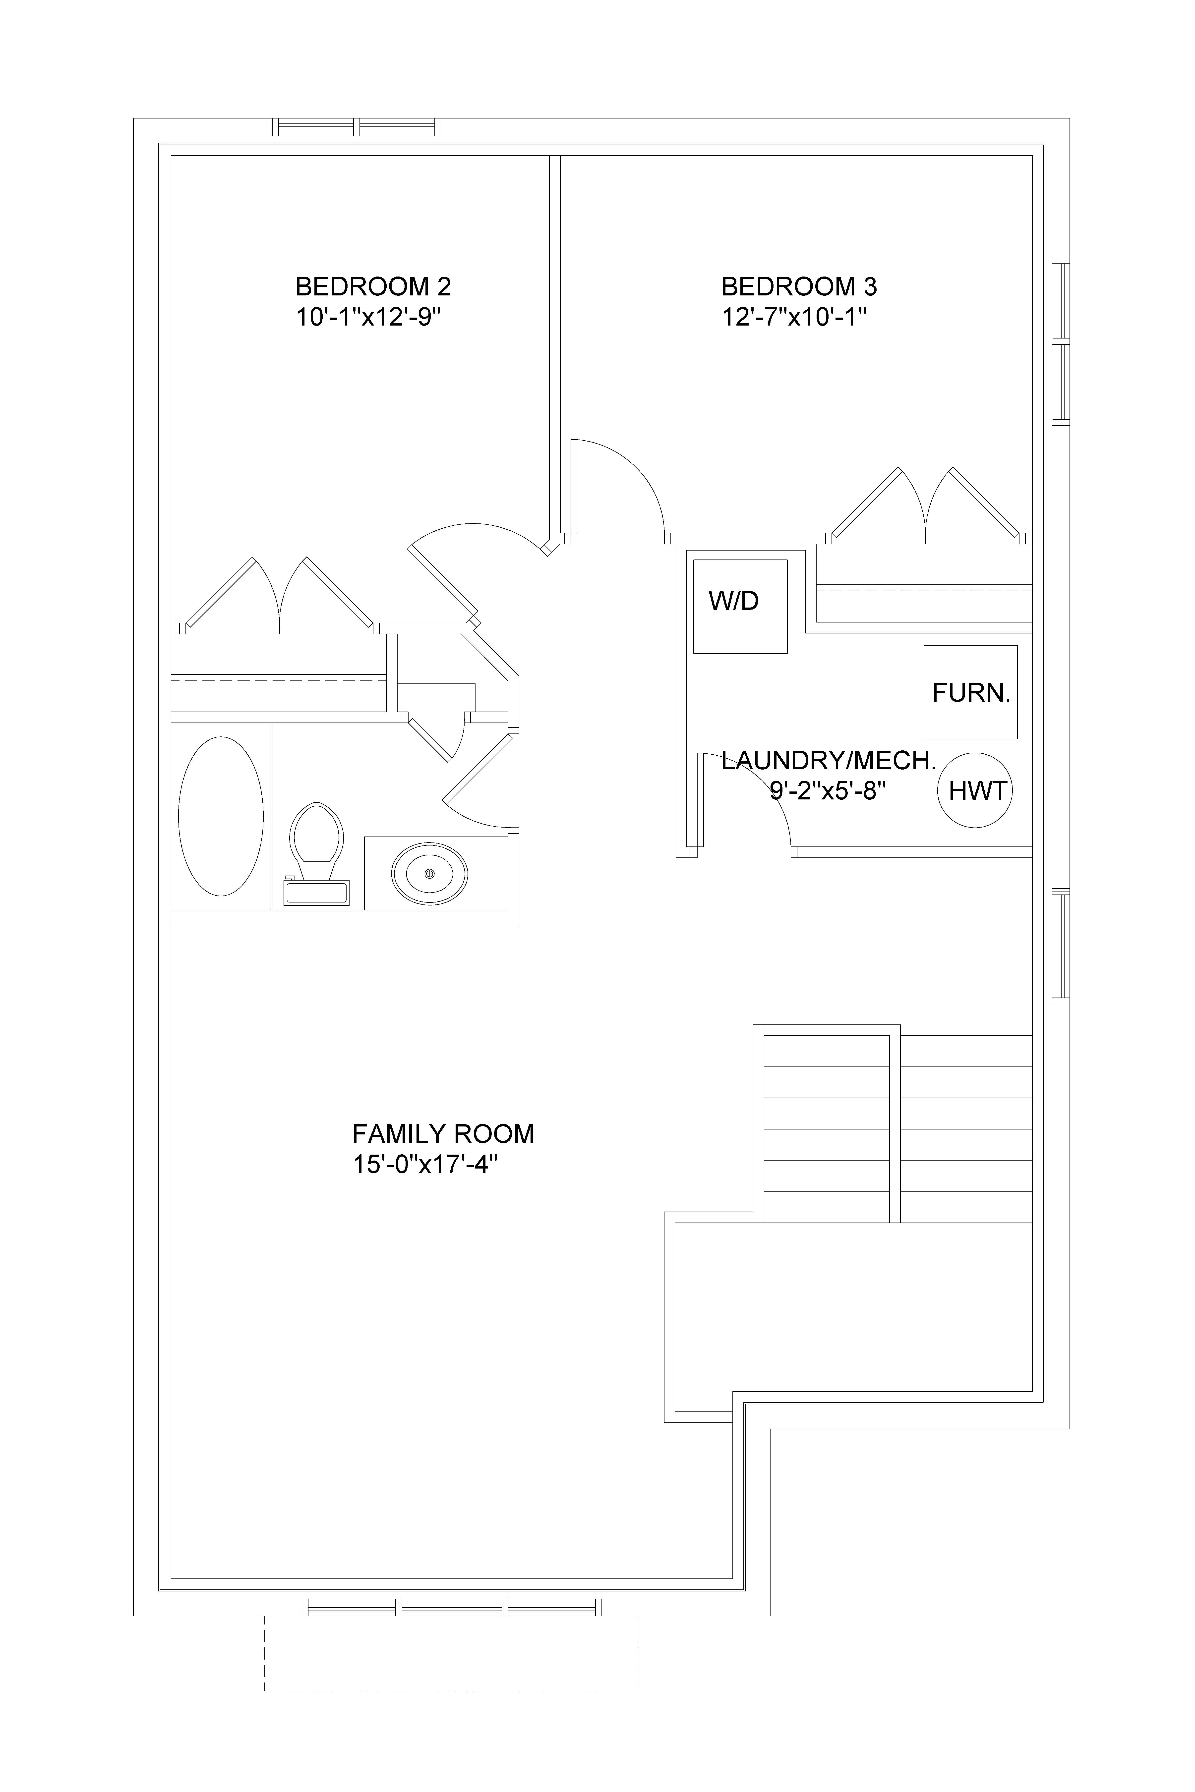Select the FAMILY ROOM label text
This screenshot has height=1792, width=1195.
tap(443, 1134)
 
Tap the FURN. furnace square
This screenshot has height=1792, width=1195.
tap(970, 692)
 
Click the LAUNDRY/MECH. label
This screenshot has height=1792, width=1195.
tap(829, 760)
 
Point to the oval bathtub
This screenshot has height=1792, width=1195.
tap(221, 816)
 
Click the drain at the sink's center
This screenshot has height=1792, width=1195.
tap(429, 873)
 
